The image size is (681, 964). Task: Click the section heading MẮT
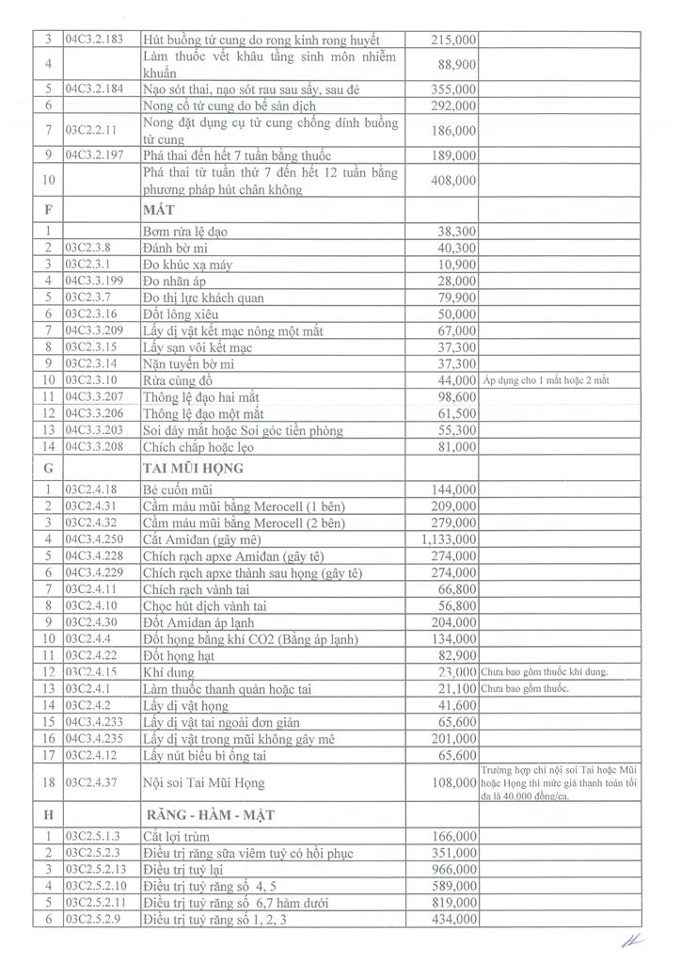pos(161,211)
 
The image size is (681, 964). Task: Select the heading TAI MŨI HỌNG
pos(193,467)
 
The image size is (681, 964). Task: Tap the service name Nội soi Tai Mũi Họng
pos(202,782)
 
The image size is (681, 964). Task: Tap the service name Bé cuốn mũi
pos(177,490)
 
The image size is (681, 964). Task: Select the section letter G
pos(46,467)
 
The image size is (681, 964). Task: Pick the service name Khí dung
pos(168,672)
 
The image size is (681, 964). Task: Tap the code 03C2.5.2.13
pos(100,869)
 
